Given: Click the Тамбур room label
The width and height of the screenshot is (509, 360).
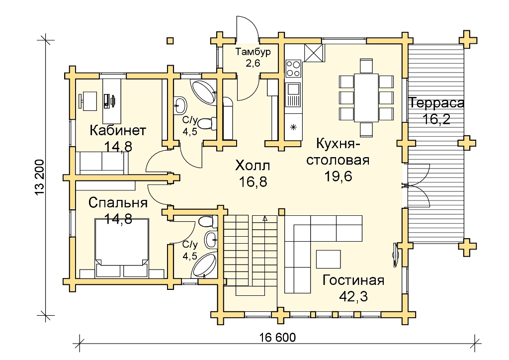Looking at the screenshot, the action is point(253,52).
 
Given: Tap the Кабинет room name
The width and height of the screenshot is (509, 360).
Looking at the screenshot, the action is point(118,130).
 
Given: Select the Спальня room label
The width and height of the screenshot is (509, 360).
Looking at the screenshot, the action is point(118,203).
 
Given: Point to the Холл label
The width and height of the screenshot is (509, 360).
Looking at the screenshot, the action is point(253,166).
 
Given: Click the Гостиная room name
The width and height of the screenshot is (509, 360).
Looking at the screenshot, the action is point(353,280).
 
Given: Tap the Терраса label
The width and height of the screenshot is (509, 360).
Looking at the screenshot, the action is point(436,103).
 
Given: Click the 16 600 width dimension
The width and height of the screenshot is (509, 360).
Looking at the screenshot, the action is point(277,338).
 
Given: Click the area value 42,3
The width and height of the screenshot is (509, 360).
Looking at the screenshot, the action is point(353,296).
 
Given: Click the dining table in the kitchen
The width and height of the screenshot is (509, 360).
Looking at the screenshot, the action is point(366,97).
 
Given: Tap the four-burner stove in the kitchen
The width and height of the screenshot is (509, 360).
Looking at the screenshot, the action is point(293,69).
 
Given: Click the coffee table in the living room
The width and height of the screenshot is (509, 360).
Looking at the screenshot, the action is point(329,259).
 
